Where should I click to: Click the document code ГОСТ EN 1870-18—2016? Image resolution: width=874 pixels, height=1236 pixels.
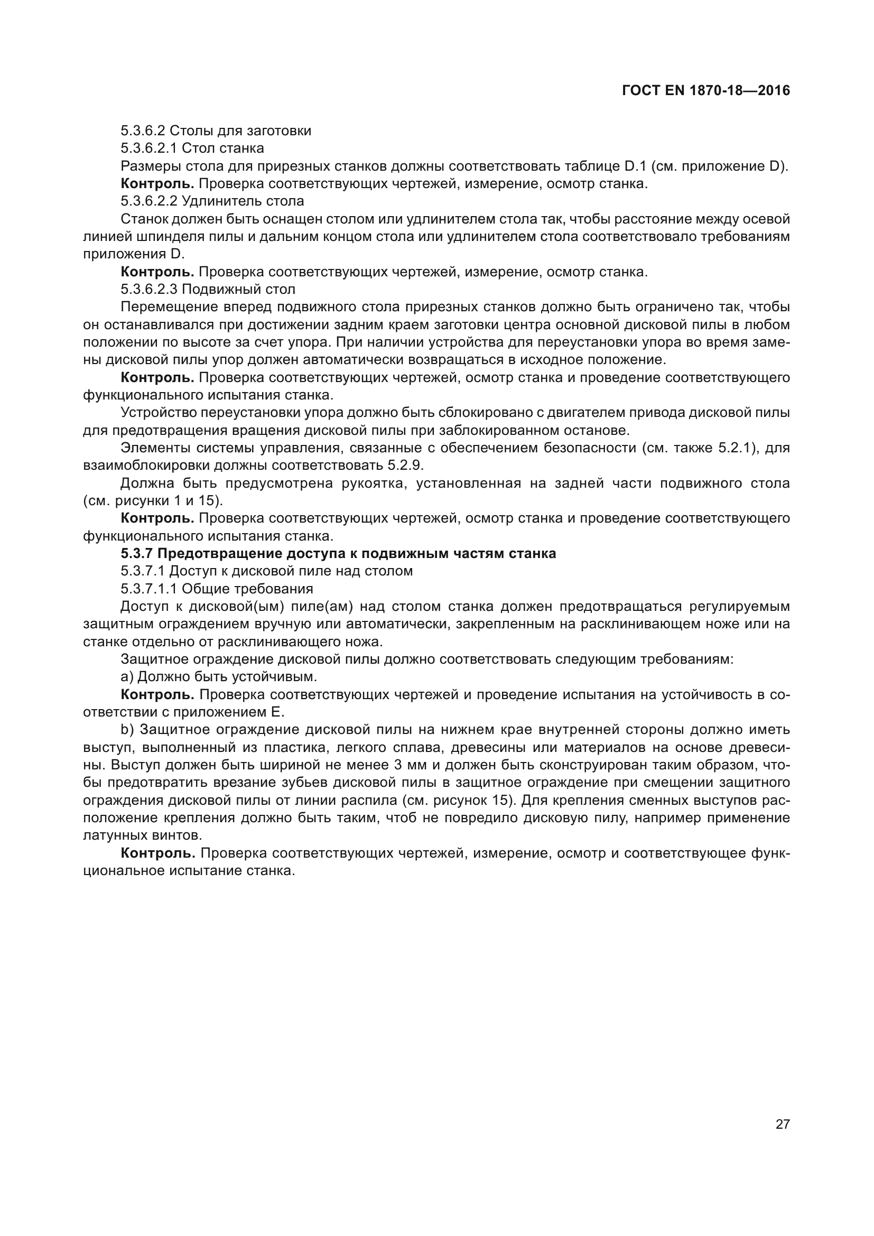click(706, 90)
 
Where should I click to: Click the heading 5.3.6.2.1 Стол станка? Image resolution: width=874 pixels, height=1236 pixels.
click(192, 148)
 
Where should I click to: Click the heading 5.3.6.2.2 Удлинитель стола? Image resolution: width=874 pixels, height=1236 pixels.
click(212, 201)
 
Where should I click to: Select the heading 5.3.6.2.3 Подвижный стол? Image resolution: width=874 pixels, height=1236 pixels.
click(208, 290)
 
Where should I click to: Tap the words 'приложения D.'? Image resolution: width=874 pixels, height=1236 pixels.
click(134, 254)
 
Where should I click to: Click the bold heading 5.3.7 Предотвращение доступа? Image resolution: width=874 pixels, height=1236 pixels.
click(338, 554)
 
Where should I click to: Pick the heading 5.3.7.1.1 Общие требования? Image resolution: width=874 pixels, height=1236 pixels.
click(216, 589)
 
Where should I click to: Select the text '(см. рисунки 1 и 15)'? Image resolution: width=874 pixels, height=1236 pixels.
click(153, 500)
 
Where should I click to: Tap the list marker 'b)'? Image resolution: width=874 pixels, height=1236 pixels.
click(127, 730)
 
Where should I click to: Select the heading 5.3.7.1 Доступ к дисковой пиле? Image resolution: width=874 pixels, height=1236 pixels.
click(266, 571)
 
